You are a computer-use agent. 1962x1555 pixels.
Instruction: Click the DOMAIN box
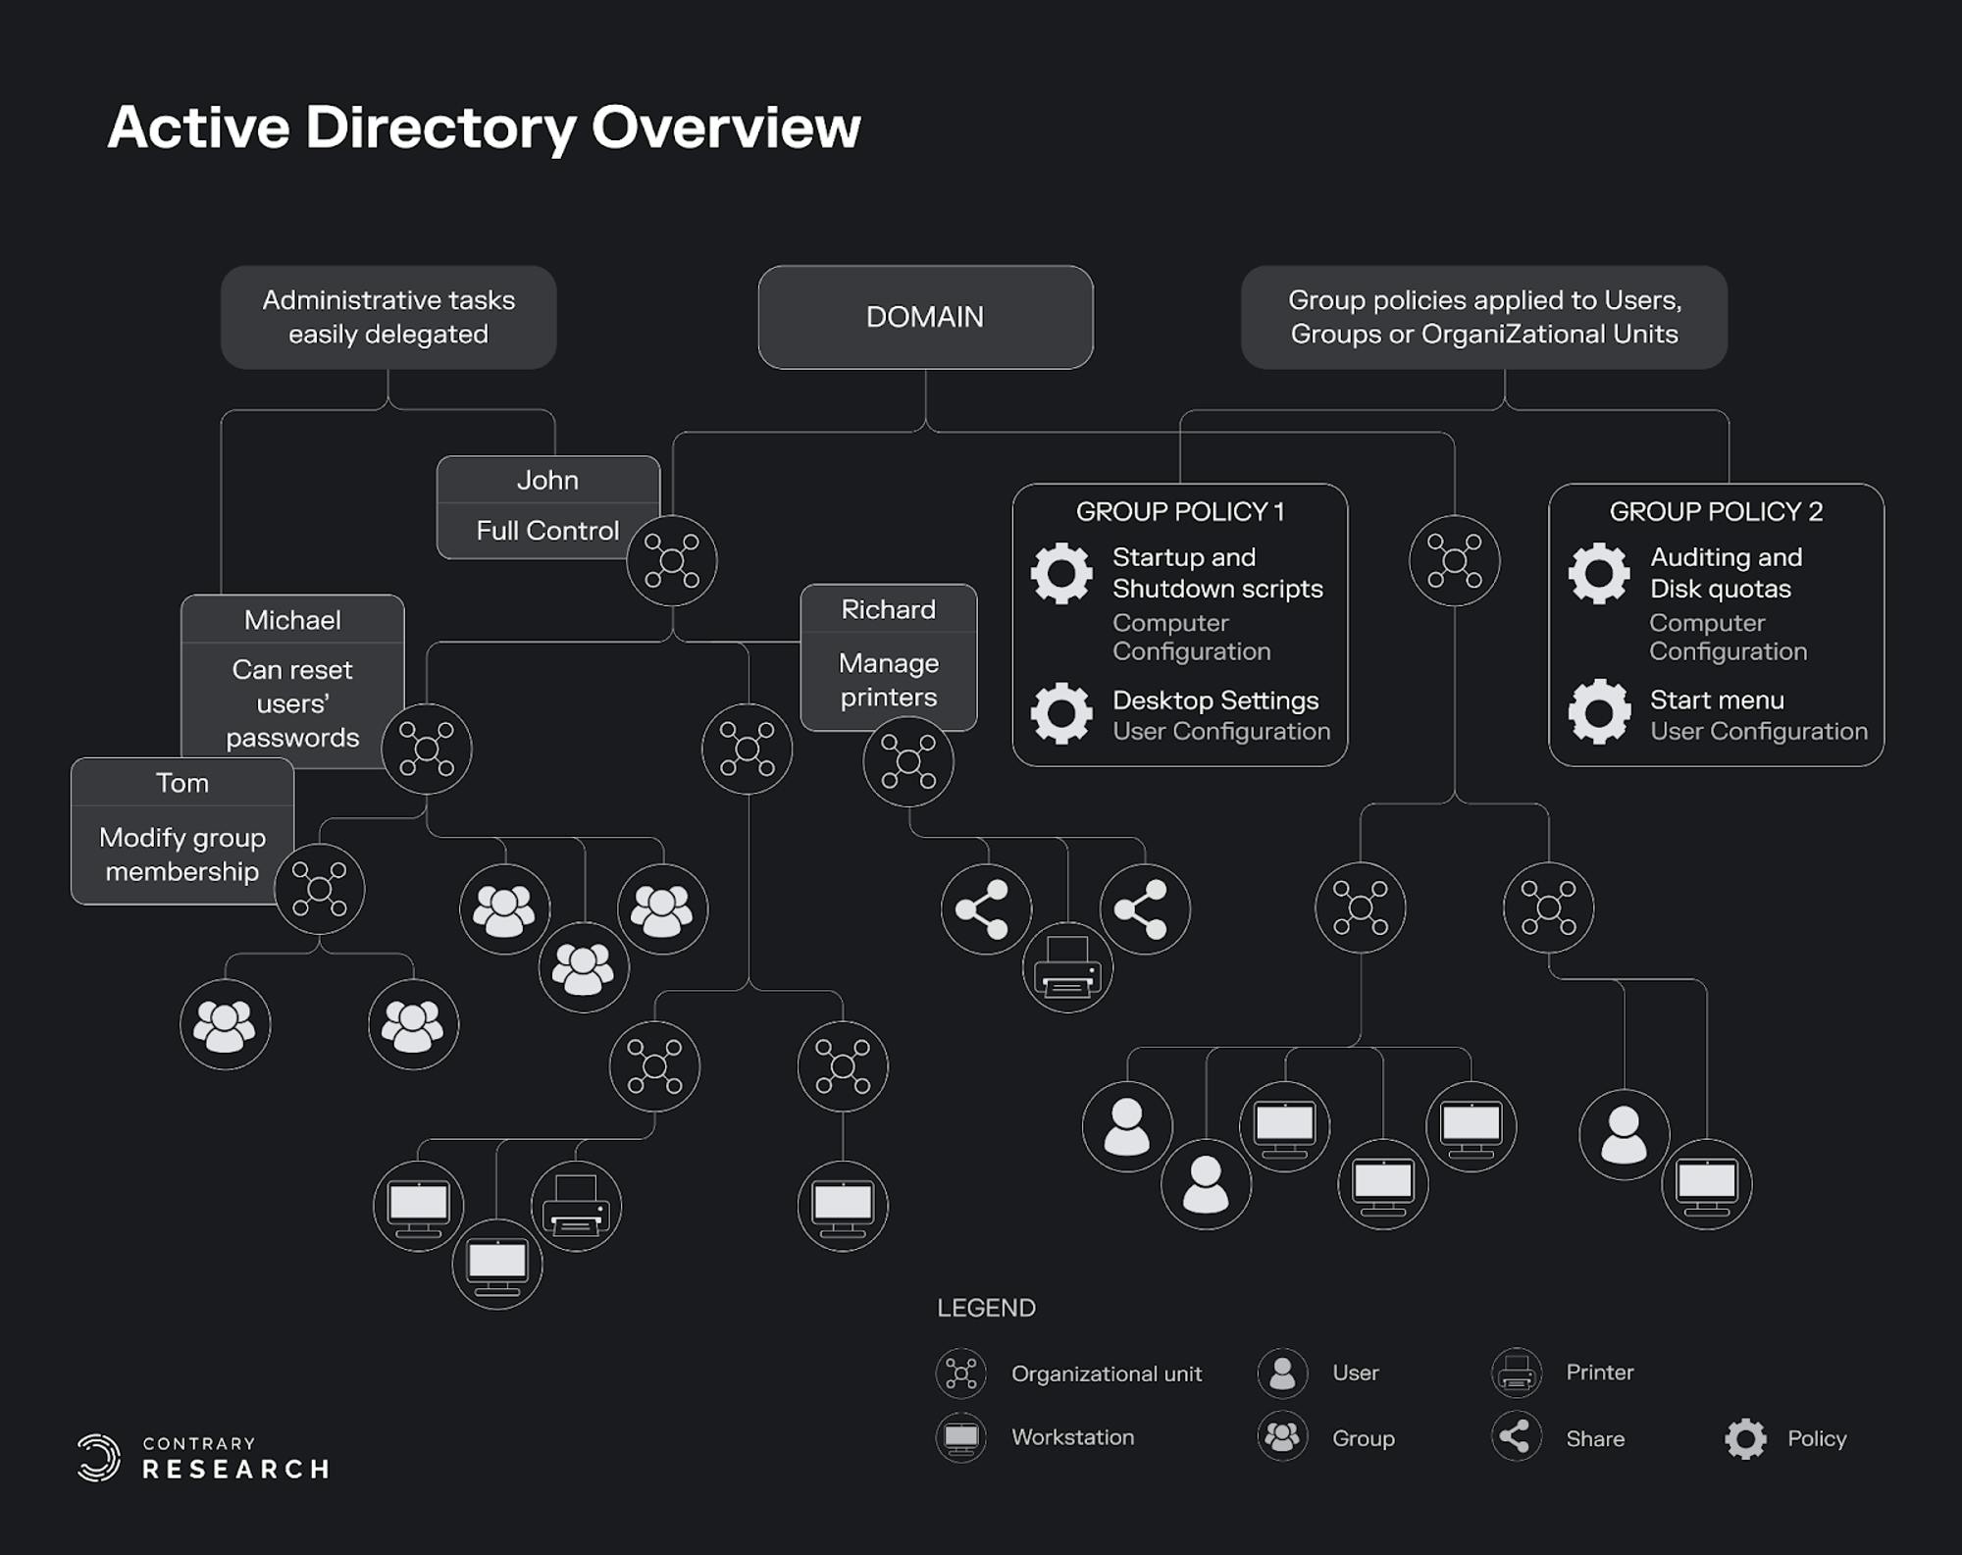[925, 317]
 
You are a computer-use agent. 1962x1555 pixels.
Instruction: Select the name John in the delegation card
[547, 480]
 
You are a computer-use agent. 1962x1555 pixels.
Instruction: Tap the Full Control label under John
[547, 531]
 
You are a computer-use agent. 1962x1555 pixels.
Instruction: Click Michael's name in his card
[292, 620]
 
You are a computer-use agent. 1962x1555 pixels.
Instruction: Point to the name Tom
[182, 783]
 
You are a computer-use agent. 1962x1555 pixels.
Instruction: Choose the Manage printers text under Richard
[889, 680]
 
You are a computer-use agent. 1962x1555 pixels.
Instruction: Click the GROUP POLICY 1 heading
[1180, 511]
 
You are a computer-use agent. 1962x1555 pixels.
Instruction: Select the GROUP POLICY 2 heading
[1716, 511]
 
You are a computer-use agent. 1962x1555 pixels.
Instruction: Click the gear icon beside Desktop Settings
[1061, 713]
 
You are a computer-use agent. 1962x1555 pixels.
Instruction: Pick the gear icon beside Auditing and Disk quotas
[1599, 573]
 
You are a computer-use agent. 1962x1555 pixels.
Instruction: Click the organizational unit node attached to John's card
[672, 561]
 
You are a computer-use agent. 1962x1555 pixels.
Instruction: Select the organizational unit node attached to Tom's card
[320, 889]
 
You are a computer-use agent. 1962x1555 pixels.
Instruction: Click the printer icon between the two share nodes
[1067, 967]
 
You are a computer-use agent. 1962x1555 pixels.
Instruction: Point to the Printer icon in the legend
[1517, 1373]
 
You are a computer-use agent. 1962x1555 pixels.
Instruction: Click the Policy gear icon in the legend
[1745, 1438]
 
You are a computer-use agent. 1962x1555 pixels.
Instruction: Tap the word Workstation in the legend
[1072, 1437]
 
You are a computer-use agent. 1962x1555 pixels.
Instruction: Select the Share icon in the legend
[1517, 1437]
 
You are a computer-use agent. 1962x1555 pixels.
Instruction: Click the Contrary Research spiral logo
[99, 1457]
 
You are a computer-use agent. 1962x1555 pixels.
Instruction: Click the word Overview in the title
[726, 128]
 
